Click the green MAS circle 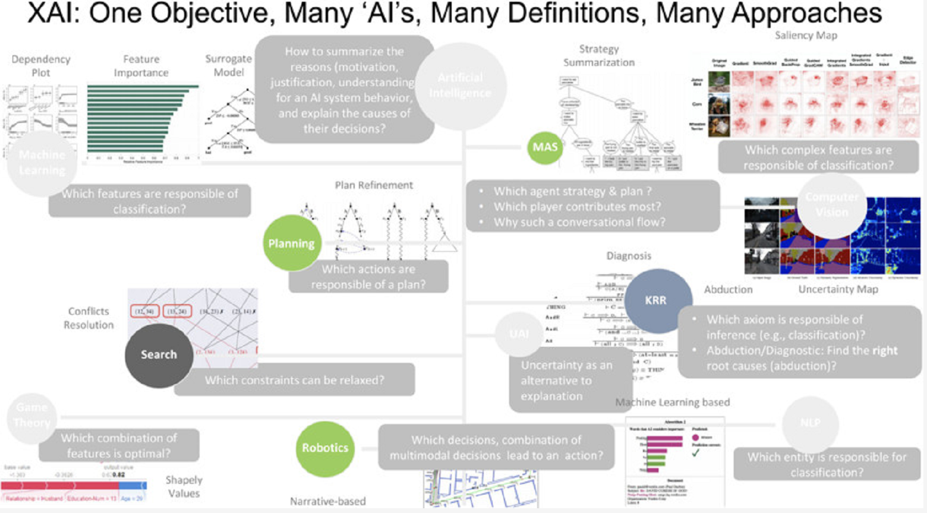pos(545,147)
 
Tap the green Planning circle pos(291,243)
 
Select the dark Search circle pos(159,354)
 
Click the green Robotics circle pos(325,448)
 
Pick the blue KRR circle pos(656,300)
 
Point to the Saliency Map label pos(806,36)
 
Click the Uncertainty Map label pos(838,289)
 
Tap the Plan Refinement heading pos(374,185)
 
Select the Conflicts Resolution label pos(89,318)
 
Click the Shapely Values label pos(184,486)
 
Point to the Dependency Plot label pos(40,66)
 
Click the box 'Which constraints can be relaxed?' pos(294,380)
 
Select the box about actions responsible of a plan pos(368,277)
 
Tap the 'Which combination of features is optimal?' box pos(119,445)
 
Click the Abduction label pos(728,290)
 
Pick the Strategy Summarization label pos(599,56)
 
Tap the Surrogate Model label pos(229,66)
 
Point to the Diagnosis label pos(629,256)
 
